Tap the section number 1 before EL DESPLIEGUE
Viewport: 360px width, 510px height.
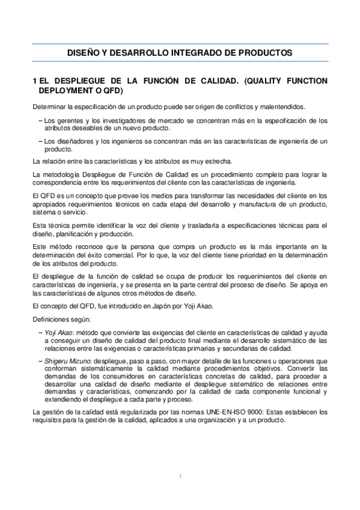click(x=36, y=81)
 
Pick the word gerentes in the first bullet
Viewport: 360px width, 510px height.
click(x=71, y=120)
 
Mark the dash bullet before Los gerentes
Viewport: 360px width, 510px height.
click(x=40, y=120)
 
